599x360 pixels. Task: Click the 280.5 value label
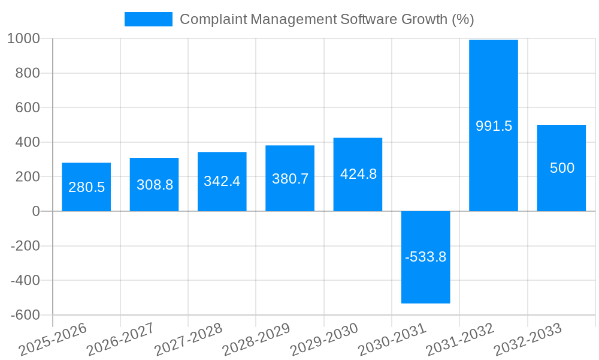(x=86, y=187)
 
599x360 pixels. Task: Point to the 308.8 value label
(x=155, y=185)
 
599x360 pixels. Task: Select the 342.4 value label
(x=222, y=181)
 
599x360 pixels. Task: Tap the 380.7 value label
(x=290, y=178)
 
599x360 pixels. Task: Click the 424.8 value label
(x=358, y=174)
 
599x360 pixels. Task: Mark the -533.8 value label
(x=425, y=257)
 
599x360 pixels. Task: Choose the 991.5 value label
(x=494, y=126)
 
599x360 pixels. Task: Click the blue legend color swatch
(x=148, y=19)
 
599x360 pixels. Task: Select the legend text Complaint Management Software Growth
(x=326, y=19)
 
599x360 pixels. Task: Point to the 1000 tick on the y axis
(x=23, y=38)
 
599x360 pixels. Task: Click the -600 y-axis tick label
(x=25, y=315)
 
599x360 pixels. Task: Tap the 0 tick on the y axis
(x=36, y=211)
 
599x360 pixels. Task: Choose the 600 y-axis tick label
(x=28, y=107)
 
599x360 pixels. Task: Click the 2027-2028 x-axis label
(x=188, y=340)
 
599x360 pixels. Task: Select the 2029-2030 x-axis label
(x=324, y=340)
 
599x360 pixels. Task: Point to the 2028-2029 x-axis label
(x=256, y=340)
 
